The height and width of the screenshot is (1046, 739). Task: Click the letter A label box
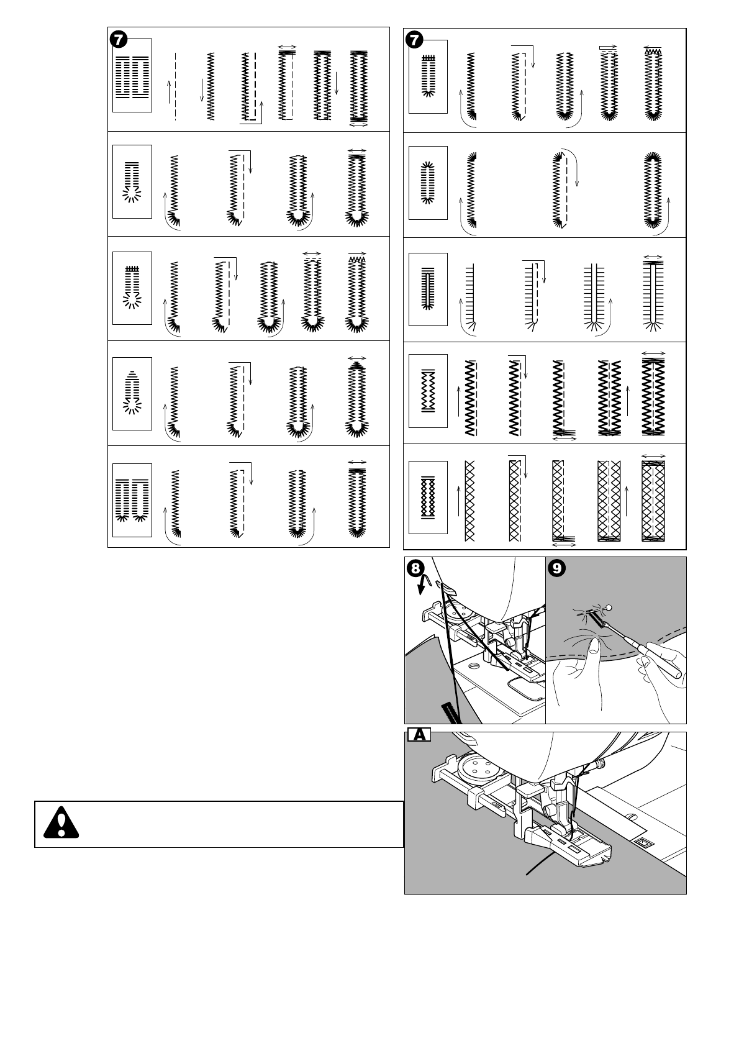point(419,735)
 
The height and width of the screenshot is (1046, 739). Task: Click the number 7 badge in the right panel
point(414,40)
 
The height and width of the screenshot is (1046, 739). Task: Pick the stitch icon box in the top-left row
point(132,75)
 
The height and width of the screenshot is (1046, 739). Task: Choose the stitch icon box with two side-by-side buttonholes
point(132,501)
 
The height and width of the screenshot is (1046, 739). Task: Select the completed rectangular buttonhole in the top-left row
point(358,85)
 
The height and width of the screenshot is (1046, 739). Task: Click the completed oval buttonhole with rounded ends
point(652,189)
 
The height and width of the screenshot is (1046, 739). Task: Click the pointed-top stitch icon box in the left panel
point(132,393)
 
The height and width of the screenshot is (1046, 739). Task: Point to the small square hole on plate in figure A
point(642,842)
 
